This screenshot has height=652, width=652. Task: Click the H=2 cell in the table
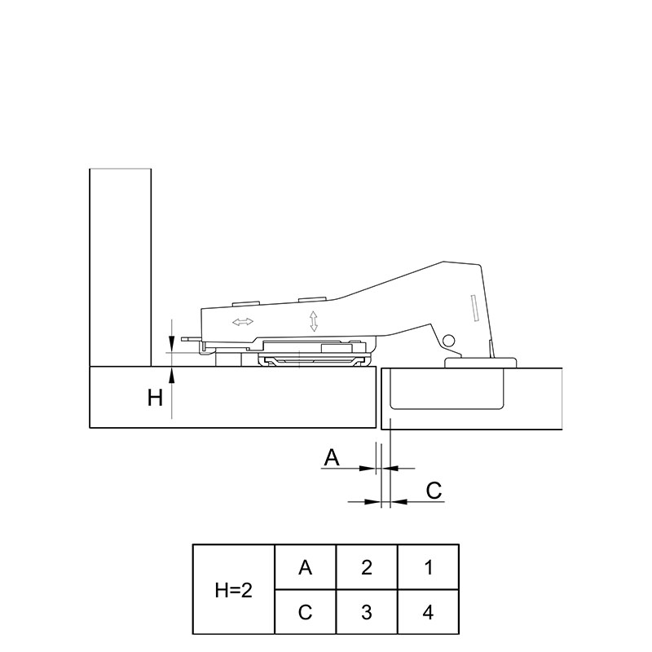[x=234, y=589]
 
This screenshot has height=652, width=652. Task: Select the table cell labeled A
[x=305, y=567]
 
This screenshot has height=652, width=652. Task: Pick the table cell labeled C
[x=305, y=612]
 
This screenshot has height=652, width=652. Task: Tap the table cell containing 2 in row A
[x=367, y=567]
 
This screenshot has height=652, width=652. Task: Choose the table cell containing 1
[x=429, y=567]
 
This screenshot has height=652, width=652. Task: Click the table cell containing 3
[x=367, y=612]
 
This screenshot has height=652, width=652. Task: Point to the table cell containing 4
[x=429, y=612]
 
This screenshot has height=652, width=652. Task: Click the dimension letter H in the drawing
[x=155, y=398]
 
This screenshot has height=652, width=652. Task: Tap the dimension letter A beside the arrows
[x=332, y=457]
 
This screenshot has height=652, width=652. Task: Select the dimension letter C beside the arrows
[x=434, y=491]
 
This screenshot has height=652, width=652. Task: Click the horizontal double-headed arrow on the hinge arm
[x=243, y=321]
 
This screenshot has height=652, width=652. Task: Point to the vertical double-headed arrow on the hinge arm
[x=314, y=321]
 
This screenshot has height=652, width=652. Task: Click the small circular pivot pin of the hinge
[x=448, y=341]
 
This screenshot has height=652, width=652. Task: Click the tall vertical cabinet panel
[x=120, y=267]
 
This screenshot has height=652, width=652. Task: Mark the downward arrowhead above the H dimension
[x=171, y=343]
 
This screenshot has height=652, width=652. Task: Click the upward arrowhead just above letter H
[x=171, y=375]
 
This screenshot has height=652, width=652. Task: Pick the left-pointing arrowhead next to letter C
[x=399, y=502]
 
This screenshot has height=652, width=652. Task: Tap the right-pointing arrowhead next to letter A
[x=368, y=468]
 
